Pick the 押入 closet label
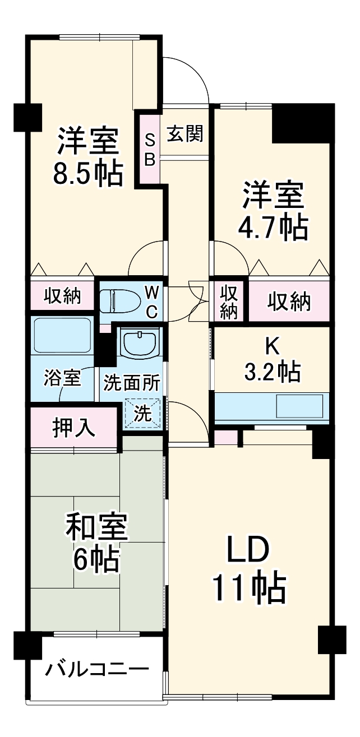73,428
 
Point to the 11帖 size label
249,587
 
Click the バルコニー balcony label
98,669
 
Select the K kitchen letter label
271,347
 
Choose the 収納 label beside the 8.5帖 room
62,295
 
